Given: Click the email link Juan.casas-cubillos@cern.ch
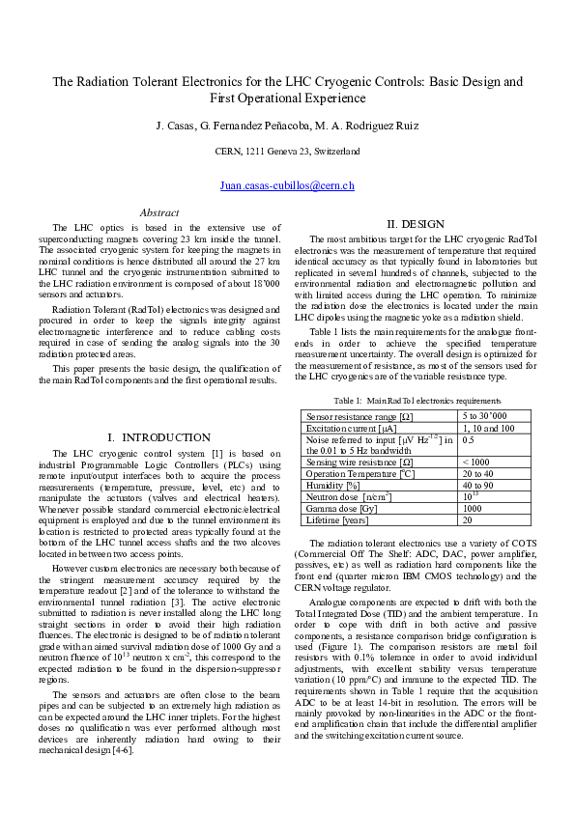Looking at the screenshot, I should coord(287,184).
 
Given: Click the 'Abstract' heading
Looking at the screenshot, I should coord(159,212).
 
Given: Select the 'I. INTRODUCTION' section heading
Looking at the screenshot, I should coord(158,437).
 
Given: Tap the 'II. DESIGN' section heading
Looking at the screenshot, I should coord(416,224).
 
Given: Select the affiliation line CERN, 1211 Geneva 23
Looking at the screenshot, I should coord(287,152).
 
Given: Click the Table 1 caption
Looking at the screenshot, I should coord(417,400).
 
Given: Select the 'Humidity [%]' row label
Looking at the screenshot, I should coord(333,485).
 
